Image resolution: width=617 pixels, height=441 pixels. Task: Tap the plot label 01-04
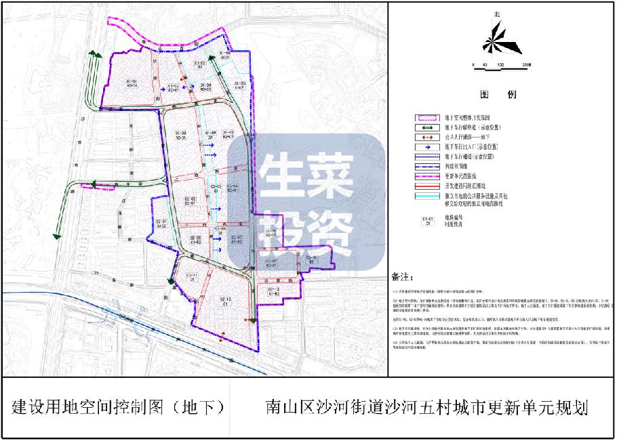(x=205, y=85)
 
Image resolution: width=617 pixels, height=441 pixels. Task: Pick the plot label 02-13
(x=274, y=291)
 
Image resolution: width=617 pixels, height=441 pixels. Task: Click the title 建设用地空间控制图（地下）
(x=118, y=407)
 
